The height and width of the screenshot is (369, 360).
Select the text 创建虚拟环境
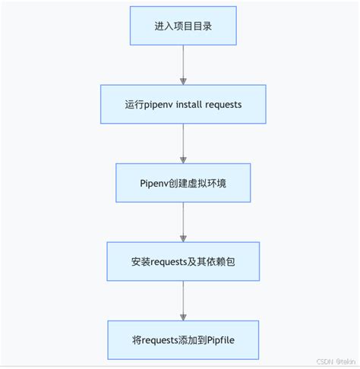pos(193,182)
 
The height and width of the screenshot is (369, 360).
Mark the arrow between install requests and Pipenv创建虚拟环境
pos(182,143)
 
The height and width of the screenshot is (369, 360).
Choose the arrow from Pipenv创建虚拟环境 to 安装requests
pos(182,222)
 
